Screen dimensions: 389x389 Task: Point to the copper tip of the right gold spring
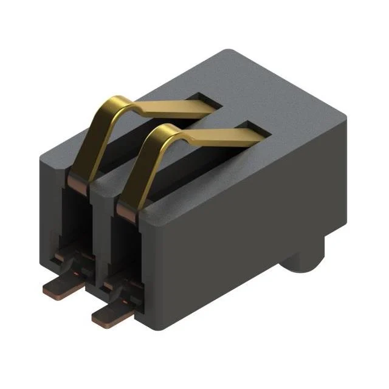coord(125,210)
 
